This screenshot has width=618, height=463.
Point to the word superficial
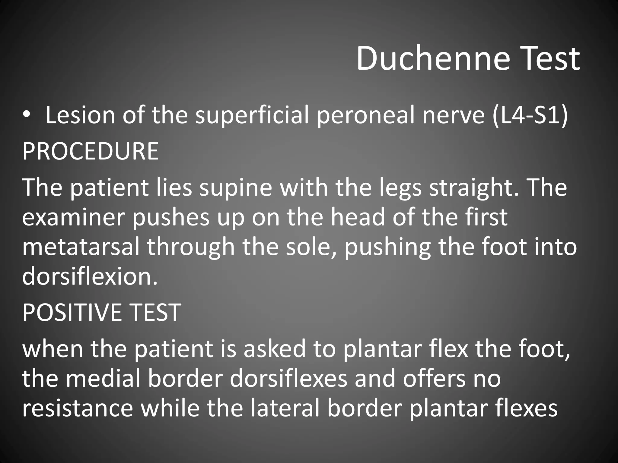(x=252, y=116)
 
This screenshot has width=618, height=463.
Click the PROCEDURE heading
(x=90, y=151)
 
